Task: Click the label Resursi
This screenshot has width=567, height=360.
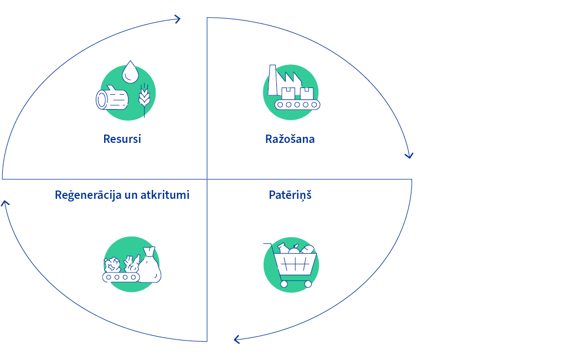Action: [x=122, y=139]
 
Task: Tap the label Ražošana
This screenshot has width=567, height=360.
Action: [x=290, y=139]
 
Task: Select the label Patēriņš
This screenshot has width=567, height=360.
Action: [x=290, y=195]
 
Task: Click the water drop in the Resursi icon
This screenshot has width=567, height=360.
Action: [x=130, y=72]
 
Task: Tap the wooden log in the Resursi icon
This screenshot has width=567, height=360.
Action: [x=112, y=97]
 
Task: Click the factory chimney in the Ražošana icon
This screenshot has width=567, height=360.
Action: [x=272, y=80]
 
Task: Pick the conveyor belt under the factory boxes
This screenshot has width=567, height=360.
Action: [x=297, y=105]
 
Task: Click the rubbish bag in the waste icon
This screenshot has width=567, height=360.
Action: [x=150, y=265]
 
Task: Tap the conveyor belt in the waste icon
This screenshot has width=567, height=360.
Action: [x=121, y=277]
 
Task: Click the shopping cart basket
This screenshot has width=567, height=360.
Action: [x=295, y=264]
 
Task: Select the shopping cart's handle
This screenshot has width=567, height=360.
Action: [x=267, y=244]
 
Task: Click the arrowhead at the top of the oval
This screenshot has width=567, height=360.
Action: [x=177, y=19]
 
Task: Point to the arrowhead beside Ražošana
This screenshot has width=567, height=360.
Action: [x=409, y=156]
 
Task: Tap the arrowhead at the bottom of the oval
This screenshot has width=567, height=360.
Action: [x=236, y=340]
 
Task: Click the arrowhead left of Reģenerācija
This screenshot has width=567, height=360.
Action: [x=5, y=203]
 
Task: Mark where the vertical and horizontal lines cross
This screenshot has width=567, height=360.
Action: [x=207, y=179]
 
